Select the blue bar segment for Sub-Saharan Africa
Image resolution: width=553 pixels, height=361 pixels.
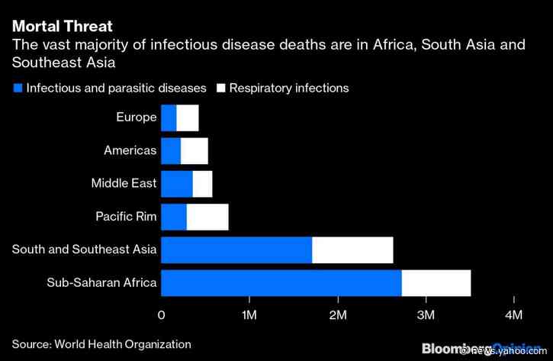[281, 283]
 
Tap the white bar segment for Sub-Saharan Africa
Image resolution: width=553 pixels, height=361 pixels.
[436, 283]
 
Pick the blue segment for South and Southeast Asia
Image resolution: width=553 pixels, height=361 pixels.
[236, 250]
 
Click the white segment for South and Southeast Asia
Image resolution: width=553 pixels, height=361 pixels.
[352, 250]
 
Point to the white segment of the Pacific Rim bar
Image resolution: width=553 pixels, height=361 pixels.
[207, 217]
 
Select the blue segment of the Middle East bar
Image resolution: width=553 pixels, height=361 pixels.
[177, 184]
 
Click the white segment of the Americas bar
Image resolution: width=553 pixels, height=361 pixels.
[195, 151]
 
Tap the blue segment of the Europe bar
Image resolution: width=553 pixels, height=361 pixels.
[169, 118]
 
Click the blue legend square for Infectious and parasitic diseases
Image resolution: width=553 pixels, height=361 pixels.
[18, 89]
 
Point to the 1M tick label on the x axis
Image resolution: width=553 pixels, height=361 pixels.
[249, 315]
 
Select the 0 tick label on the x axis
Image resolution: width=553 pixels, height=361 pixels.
[162, 315]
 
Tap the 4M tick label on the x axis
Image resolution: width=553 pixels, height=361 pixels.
[514, 315]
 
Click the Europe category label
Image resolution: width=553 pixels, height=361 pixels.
[136, 118]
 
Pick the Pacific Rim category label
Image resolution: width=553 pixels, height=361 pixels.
[126, 217]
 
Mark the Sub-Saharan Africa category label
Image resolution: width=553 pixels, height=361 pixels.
[101, 283]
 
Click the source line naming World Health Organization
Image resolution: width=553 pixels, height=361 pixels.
[101, 344]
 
